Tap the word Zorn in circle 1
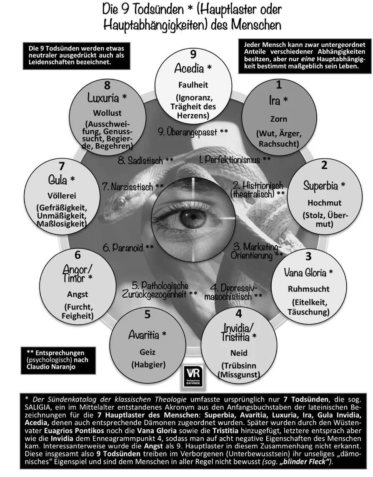click(x=278, y=119)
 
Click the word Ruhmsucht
click(x=309, y=289)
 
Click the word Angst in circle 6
click(x=78, y=294)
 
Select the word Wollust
click(x=107, y=112)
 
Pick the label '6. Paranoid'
click(x=128, y=247)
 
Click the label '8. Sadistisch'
click(x=145, y=161)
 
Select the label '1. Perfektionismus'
click(x=235, y=159)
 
